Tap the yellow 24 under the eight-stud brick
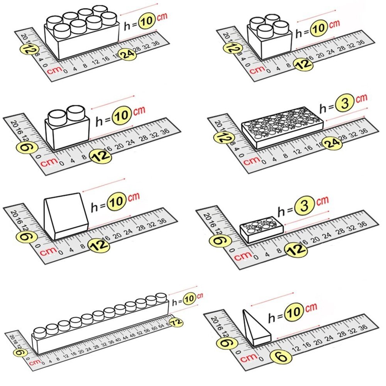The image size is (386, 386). point(128,54)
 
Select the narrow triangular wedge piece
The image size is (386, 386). point(255,328)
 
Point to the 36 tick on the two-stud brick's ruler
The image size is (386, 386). point(165,131)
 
